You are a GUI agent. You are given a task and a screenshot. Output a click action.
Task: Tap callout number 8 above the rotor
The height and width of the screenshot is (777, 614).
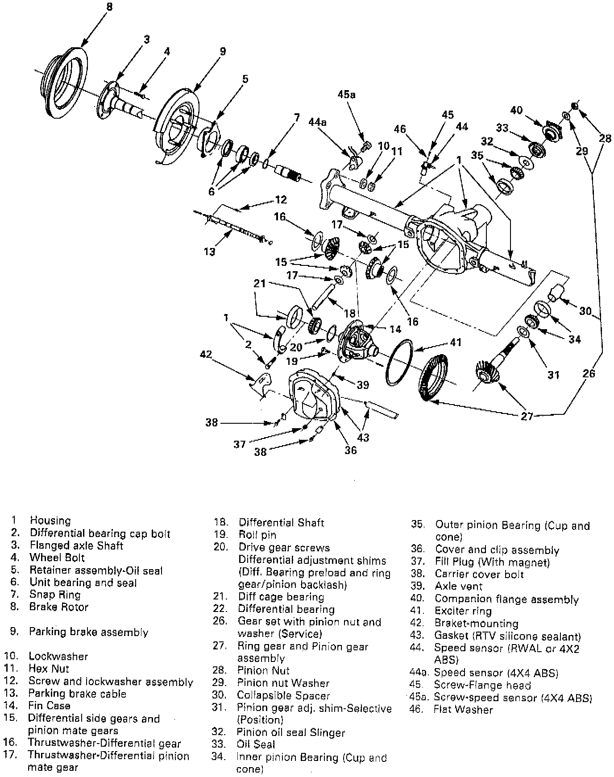coord(109,7)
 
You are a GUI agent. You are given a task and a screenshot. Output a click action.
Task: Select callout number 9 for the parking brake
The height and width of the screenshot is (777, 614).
coord(223,51)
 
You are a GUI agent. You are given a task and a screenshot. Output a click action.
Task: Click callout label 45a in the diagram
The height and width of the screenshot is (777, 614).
coord(347,95)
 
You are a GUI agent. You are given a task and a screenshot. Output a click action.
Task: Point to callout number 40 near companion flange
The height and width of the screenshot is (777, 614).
coord(516,110)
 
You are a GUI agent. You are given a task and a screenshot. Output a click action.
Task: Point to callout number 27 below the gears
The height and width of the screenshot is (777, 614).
coord(527,417)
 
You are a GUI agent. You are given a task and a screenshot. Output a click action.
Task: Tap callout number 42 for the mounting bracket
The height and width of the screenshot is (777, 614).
coord(206,355)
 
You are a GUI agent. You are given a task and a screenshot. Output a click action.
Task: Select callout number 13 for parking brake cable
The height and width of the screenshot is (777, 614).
coord(209,252)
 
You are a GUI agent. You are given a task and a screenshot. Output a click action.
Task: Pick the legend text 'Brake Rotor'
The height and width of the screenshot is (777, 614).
coord(59,607)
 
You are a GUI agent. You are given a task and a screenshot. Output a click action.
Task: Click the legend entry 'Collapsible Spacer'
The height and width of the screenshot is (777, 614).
coord(283,695)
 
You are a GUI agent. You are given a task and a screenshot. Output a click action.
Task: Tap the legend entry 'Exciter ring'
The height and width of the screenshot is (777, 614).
coord(463,611)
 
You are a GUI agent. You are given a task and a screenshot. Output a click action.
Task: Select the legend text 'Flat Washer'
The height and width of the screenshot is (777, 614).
coord(463,710)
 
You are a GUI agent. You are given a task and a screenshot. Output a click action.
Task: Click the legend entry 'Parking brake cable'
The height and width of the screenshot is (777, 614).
coord(77,694)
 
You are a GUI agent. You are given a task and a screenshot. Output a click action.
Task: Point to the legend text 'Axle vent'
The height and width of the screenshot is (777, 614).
coord(459,586)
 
